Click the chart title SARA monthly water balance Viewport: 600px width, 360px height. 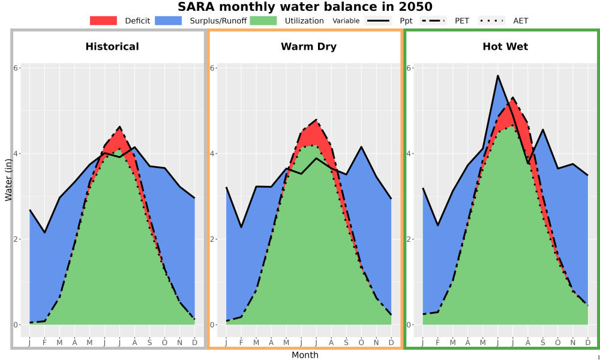(x=305, y=7)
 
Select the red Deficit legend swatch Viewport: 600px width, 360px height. (x=103, y=20)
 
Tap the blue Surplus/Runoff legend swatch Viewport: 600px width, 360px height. (x=169, y=20)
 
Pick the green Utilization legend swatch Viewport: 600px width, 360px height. (x=263, y=20)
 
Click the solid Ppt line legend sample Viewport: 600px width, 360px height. (x=377, y=20)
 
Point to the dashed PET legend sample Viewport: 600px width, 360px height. (x=433, y=20)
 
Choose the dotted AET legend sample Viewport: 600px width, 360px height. (x=491, y=20)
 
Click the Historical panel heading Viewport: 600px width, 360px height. (x=112, y=47)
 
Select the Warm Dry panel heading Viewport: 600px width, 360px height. (x=309, y=47)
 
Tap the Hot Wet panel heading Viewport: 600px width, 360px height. (x=505, y=47)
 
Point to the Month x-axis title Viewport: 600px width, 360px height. (x=305, y=355)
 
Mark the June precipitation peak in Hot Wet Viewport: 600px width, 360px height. (x=497, y=76)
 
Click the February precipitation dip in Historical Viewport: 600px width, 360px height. (x=45, y=232)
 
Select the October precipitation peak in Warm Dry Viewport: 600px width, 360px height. (x=361, y=147)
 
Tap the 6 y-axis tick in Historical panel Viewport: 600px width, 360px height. (x=16, y=68)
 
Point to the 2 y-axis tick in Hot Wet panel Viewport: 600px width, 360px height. (x=409, y=239)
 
